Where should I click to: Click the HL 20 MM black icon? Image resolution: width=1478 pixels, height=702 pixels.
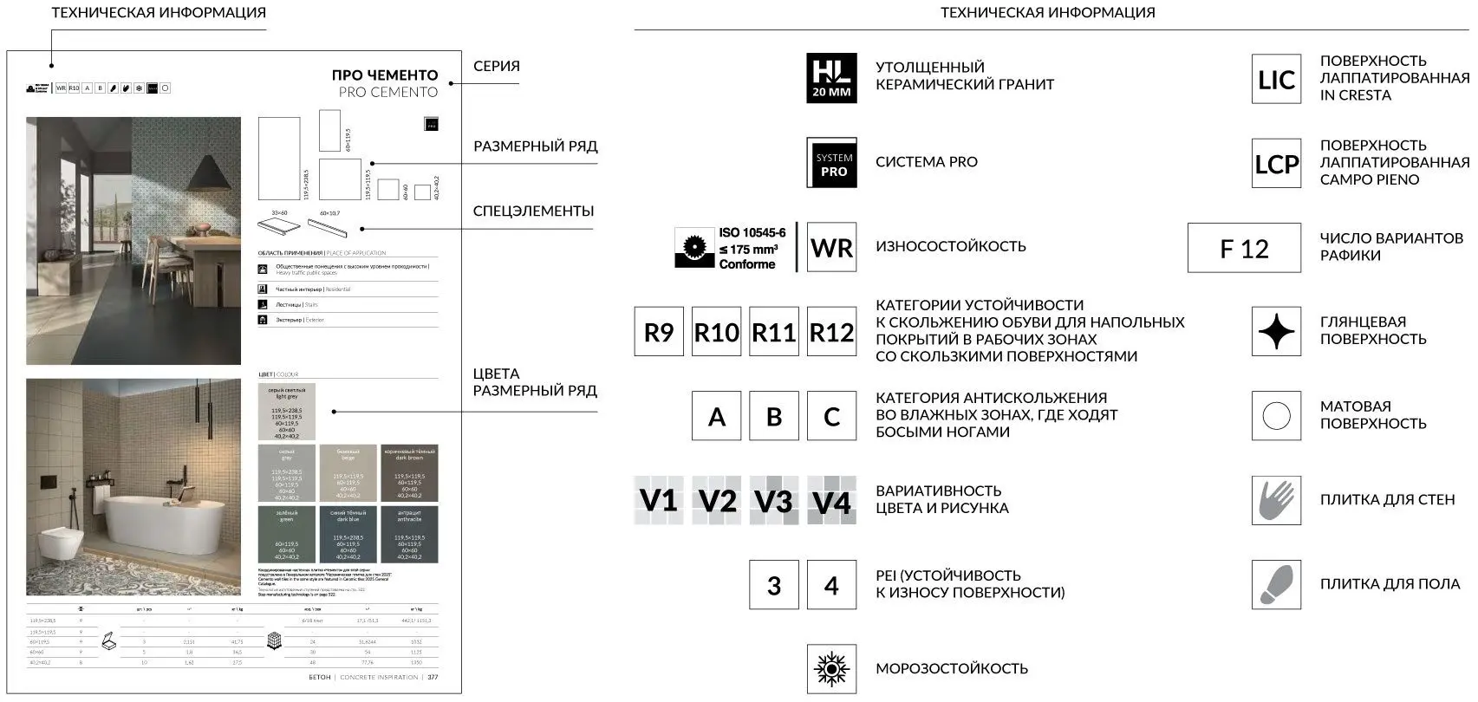coord(831,78)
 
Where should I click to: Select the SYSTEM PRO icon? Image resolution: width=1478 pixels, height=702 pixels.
coord(831,163)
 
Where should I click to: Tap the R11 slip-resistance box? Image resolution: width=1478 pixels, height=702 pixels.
coord(773,332)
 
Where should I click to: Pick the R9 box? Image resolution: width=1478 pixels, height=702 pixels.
coord(659,332)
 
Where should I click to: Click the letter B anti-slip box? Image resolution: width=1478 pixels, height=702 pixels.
coord(774,416)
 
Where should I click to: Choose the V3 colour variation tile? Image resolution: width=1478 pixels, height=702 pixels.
coord(773,500)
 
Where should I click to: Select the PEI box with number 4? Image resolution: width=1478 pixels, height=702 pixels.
coord(831,585)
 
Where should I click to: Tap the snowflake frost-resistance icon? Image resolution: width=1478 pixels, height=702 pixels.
coord(831,668)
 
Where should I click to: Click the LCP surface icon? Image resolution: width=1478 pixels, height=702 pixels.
coord(1276,164)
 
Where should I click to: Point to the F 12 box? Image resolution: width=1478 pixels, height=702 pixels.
coord(1244,249)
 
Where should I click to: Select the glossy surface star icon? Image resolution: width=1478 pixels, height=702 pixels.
coord(1276,332)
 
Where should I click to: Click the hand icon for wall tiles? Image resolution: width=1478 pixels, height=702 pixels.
coord(1276,500)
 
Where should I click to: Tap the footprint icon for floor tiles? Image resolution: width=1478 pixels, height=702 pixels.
coord(1276,584)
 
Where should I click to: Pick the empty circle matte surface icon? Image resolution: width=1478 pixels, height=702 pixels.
coord(1276,416)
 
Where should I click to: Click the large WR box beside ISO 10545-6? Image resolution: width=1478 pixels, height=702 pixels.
coord(831,248)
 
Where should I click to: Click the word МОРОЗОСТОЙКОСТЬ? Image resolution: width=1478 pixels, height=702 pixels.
coord(951,668)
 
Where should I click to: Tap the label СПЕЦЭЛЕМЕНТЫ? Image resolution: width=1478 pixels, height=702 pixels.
coord(533,211)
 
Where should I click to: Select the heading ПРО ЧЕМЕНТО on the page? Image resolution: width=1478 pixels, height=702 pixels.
coord(384,75)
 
